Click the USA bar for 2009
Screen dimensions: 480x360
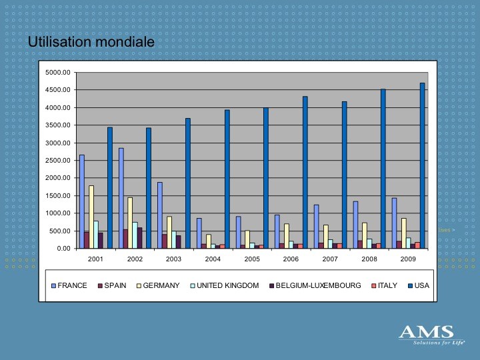pos(422,165)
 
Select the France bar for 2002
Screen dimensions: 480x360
pos(121,198)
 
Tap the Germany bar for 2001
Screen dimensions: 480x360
pos(91,217)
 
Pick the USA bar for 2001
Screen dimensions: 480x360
pos(110,187)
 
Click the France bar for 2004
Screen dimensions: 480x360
pos(199,233)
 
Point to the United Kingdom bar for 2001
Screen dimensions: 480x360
pos(96,235)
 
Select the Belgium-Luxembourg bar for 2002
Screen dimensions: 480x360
pos(139,238)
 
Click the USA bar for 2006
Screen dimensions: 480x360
pos(305,173)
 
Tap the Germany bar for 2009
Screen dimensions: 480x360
pos(404,233)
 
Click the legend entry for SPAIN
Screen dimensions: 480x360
pos(112,285)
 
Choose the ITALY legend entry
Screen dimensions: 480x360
pos(384,285)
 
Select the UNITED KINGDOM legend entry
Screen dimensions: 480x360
pos(225,285)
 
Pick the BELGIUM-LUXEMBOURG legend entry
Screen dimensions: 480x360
pos(315,285)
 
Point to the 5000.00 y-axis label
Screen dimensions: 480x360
pos(58,73)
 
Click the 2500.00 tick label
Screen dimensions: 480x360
pos(58,161)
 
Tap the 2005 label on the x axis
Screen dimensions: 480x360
pos(252,259)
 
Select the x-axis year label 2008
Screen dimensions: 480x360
pos(369,259)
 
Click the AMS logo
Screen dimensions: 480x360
pos(431,335)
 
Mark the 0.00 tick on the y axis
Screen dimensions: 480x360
pos(64,249)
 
